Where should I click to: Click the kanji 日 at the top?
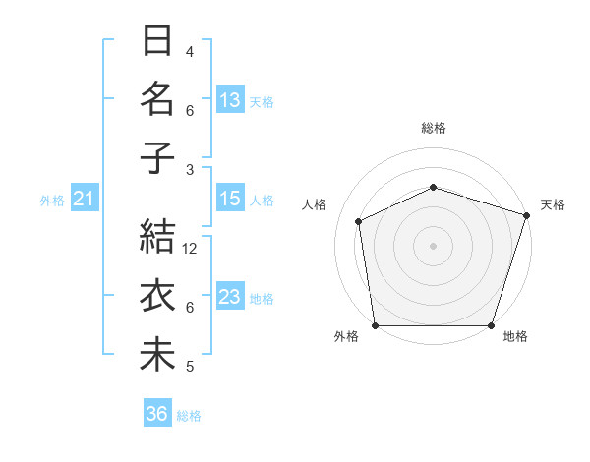click(158, 43)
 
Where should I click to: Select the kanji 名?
click(158, 100)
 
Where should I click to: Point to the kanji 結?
click(158, 239)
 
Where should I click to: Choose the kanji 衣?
click(158, 297)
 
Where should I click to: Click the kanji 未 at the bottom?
click(158, 354)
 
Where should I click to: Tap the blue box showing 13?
click(230, 100)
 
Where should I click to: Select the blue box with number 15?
click(230, 199)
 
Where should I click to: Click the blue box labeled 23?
click(230, 297)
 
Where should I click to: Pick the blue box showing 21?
click(84, 200)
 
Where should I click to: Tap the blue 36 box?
click(157, 415)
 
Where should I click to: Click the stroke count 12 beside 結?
click(191, 249)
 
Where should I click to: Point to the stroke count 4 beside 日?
click(190, 51)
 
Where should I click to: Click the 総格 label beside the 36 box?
click(190, 416)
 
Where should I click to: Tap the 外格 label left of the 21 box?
click(52, 201)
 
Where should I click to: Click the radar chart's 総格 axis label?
click(434, 128)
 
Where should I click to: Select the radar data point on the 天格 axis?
click(526, 215)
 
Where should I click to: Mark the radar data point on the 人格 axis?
click(359, 221)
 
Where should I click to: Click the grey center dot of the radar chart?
click(434, 245)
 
